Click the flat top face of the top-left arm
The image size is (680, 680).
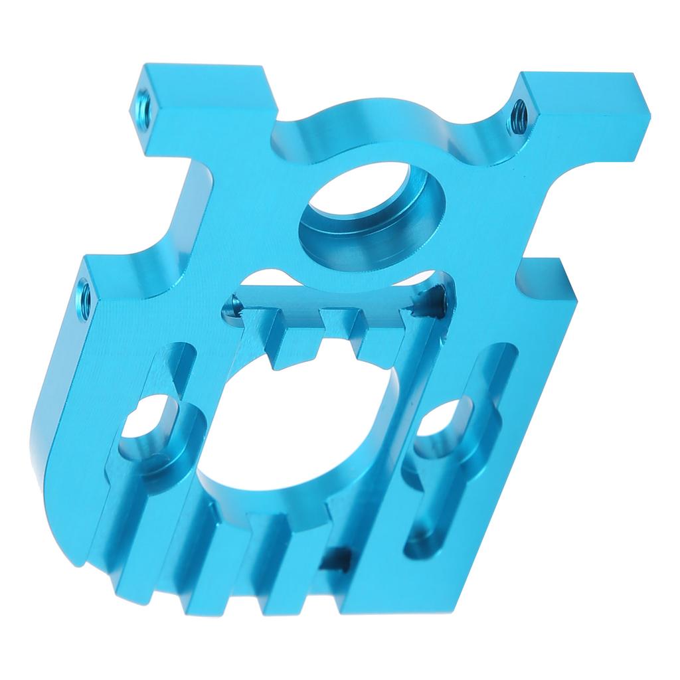(199, 73)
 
